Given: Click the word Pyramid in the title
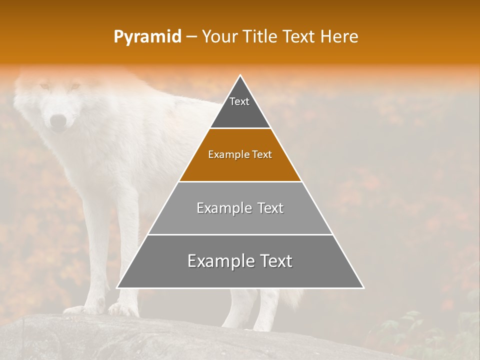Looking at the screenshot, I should pyautogui.click(x=147, y=37).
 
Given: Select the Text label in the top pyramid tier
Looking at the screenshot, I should pyautogui.click(x=239, y=101).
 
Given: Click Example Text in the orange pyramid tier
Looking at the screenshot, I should pyautogui.click(x=240, y=154).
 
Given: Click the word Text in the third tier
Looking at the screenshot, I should pyautogui.click(x=268, y=208).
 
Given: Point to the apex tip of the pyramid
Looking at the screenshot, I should pyautogui.click(x=240, y=76).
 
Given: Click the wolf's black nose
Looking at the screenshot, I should pyautogui.click(x=58, y=121).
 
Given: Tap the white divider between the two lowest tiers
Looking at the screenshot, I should pyautogui.click(x=240, y=234).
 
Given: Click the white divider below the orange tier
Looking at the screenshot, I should pyautogui.click(x=240, y=181).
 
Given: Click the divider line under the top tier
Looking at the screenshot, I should pyautogui.click(x=240, y=128).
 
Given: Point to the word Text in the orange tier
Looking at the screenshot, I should pyautogui.click(x=261, y=154).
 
